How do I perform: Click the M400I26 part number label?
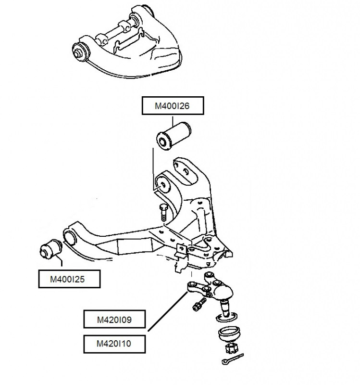(173, 105)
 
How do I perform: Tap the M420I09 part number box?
(114, 319)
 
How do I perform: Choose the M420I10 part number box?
(114, 344)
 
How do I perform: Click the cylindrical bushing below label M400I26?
(174, 136)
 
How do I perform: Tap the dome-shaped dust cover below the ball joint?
(229, 334)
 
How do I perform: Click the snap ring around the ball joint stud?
(227, 318)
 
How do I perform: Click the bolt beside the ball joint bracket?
(199, 304)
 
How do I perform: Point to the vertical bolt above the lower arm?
(162, 213)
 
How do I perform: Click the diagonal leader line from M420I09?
(168, 311)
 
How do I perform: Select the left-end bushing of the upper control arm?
(80, 51)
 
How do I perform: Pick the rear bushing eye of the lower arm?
(163, 184)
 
